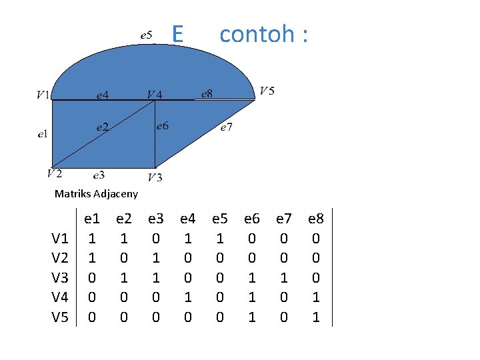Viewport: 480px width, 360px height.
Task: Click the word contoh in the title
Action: point(256,33)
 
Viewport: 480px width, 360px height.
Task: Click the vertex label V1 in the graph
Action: point(43,95)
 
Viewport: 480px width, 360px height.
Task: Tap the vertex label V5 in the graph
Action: point(267,91)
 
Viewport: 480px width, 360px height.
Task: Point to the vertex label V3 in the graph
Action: point(155,177)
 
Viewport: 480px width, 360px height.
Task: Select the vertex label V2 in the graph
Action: point(55,173)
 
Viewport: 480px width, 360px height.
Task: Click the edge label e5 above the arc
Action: point(147,34)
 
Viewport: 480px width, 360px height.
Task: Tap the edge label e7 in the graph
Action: point(227,128)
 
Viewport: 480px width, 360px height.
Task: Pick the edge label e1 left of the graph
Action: point(43,135)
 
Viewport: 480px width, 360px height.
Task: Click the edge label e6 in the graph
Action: point(162,125)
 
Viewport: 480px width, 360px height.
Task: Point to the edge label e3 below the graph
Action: point(99,175)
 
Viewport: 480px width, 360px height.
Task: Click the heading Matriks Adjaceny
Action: point(96,194)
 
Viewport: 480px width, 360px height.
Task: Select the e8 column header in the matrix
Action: point(315,218)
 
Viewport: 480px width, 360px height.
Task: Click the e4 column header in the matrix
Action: point(188,218)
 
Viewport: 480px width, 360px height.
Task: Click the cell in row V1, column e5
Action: point(219,238)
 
